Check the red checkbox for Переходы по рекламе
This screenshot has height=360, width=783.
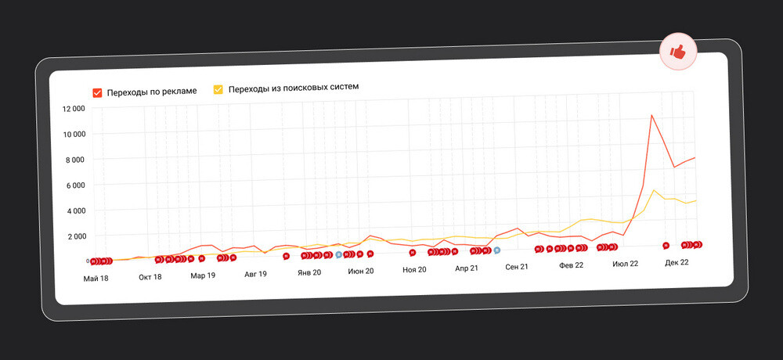(x=97, y=92)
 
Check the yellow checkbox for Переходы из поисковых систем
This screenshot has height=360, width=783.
(x=218, y=89)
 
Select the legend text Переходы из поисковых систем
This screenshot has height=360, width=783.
(x=293, y=87)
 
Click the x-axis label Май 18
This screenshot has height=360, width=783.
(x=96, y=278)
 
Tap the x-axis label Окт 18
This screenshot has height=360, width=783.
(x=150, y=276)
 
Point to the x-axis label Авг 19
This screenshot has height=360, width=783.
(x=255, y=274)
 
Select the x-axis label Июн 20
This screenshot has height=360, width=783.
(x=361, y=271)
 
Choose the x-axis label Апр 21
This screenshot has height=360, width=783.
(x=466, y=268)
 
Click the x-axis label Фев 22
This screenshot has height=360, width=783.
(x=571, y=265)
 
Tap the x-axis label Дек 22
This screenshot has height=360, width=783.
(x=677, y=262)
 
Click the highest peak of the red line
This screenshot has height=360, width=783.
(x=651, y=115)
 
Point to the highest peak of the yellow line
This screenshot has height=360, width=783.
(x=654, y=189)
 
